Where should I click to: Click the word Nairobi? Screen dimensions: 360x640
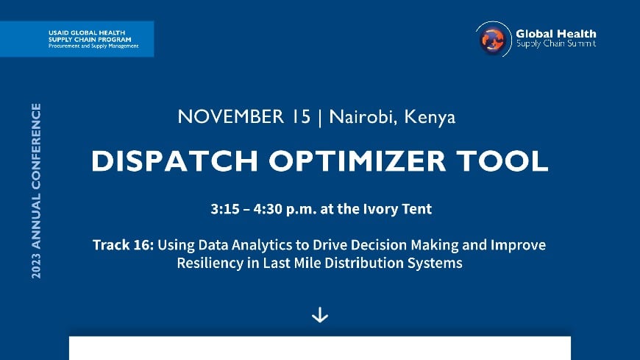(360, 117)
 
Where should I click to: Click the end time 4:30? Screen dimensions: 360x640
(270, 209)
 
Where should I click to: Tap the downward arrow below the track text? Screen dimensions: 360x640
(320, 315)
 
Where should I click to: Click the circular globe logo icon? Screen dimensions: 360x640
(494, 39)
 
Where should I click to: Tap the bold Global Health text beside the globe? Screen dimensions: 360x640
(556, 34)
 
